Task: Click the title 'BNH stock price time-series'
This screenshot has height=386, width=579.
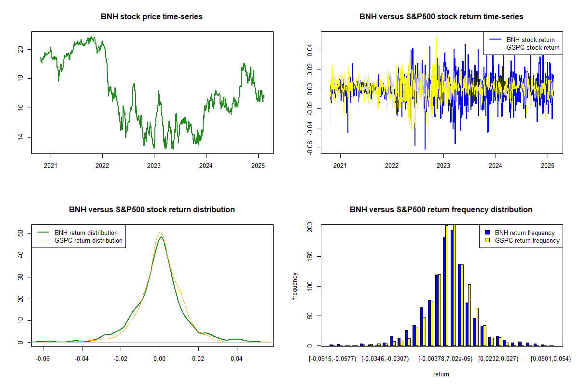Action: [x=152, y=17]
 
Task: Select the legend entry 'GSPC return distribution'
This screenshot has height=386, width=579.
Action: [x=88, y=240]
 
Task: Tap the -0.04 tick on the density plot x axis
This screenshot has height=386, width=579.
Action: [x=82, y=359]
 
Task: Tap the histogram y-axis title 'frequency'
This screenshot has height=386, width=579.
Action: [x=295, y=286]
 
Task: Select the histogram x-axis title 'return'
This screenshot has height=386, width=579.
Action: [x=441, y=374]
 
